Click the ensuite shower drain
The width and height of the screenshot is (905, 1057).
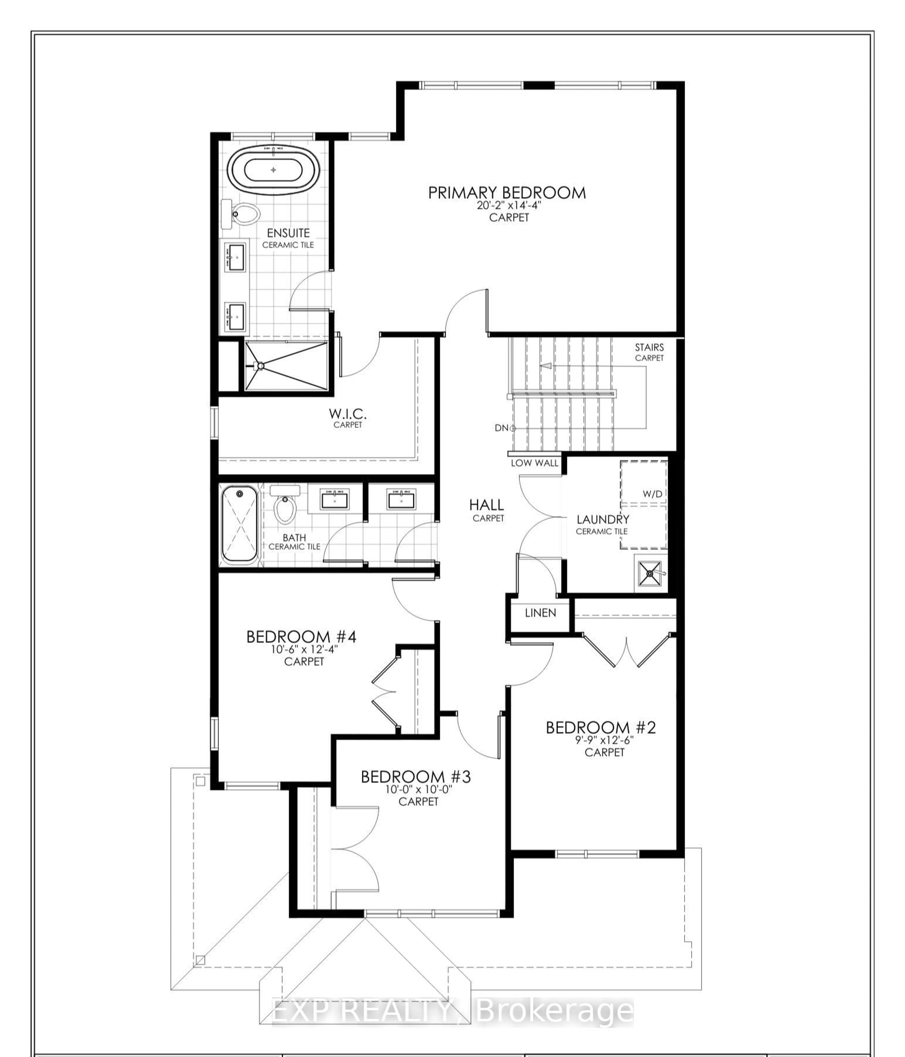coord(260,365)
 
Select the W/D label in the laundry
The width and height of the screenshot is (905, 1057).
coord(652,494)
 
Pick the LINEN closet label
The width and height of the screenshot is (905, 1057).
coord(540,613)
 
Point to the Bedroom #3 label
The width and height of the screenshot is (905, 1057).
coord(416,777)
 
